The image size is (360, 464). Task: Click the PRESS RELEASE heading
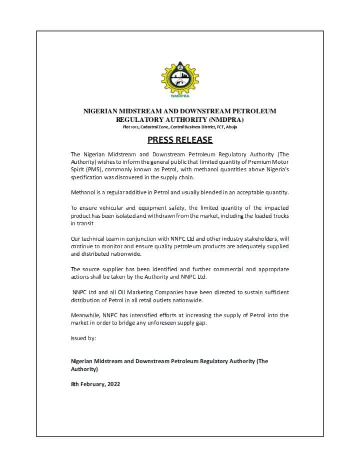point(180,140)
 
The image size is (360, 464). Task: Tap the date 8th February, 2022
point(95,385)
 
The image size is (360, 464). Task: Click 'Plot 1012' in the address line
point(132,127)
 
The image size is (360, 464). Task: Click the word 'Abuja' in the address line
point(231,127)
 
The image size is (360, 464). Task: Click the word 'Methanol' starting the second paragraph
point(83,193)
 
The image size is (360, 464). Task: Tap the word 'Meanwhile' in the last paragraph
point(85,315)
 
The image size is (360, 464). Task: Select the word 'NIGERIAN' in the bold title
point(103,111)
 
